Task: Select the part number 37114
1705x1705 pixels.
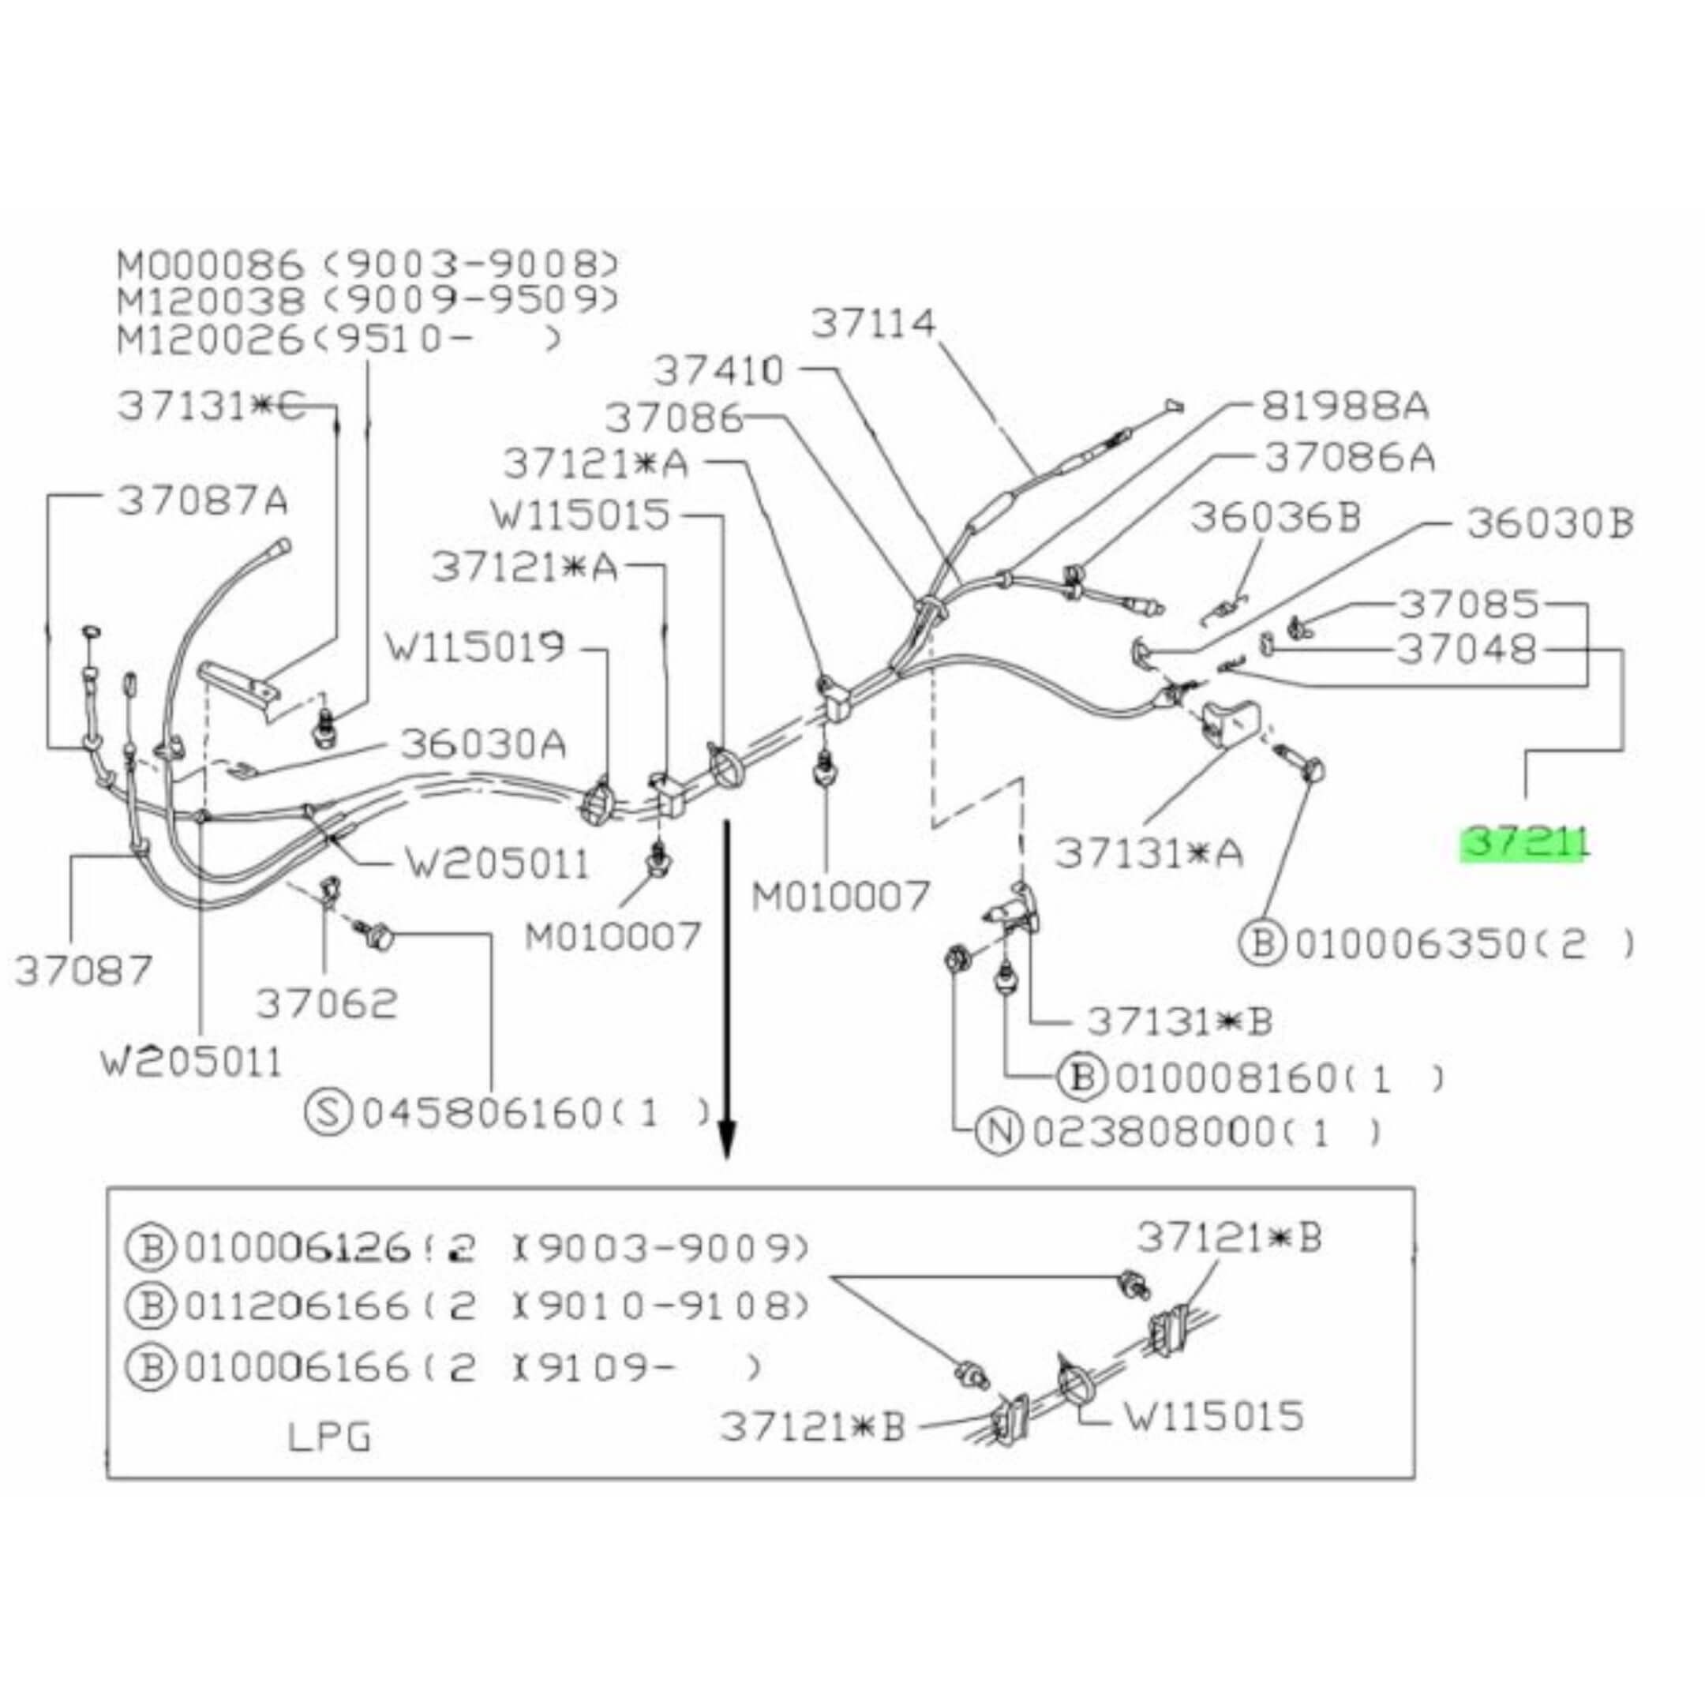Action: [873, 324]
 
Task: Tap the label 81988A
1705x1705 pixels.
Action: [1344, 407]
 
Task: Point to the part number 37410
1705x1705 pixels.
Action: [718, 372]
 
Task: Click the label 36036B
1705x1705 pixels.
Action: [1276, 518]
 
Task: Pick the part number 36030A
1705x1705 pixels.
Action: [483, 744]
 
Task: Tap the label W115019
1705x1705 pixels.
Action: [474, 647]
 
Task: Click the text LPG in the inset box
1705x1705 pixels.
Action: [329, 1437]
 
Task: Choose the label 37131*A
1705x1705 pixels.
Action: [1149, 852]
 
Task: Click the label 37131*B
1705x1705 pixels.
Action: [1180, 1021]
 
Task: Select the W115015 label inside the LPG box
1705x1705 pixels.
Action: [1213, 1416]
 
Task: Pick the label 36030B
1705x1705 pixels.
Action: [1549, 523]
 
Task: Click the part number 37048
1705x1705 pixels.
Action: [1467, 650]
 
